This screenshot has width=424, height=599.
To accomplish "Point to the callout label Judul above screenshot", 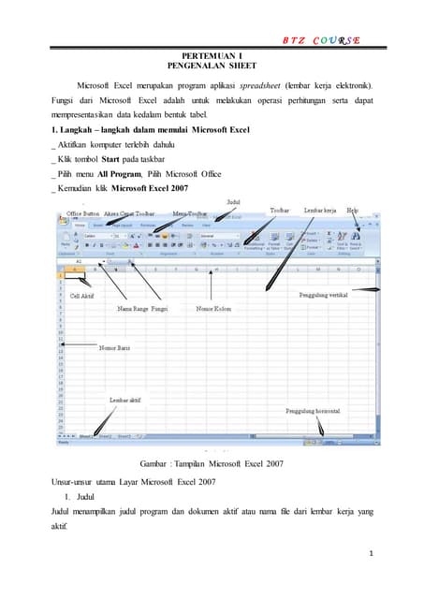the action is point(233,201).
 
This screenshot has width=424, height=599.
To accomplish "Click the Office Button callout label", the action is point(82,212).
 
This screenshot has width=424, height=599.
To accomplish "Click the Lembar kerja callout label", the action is point(319,211).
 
